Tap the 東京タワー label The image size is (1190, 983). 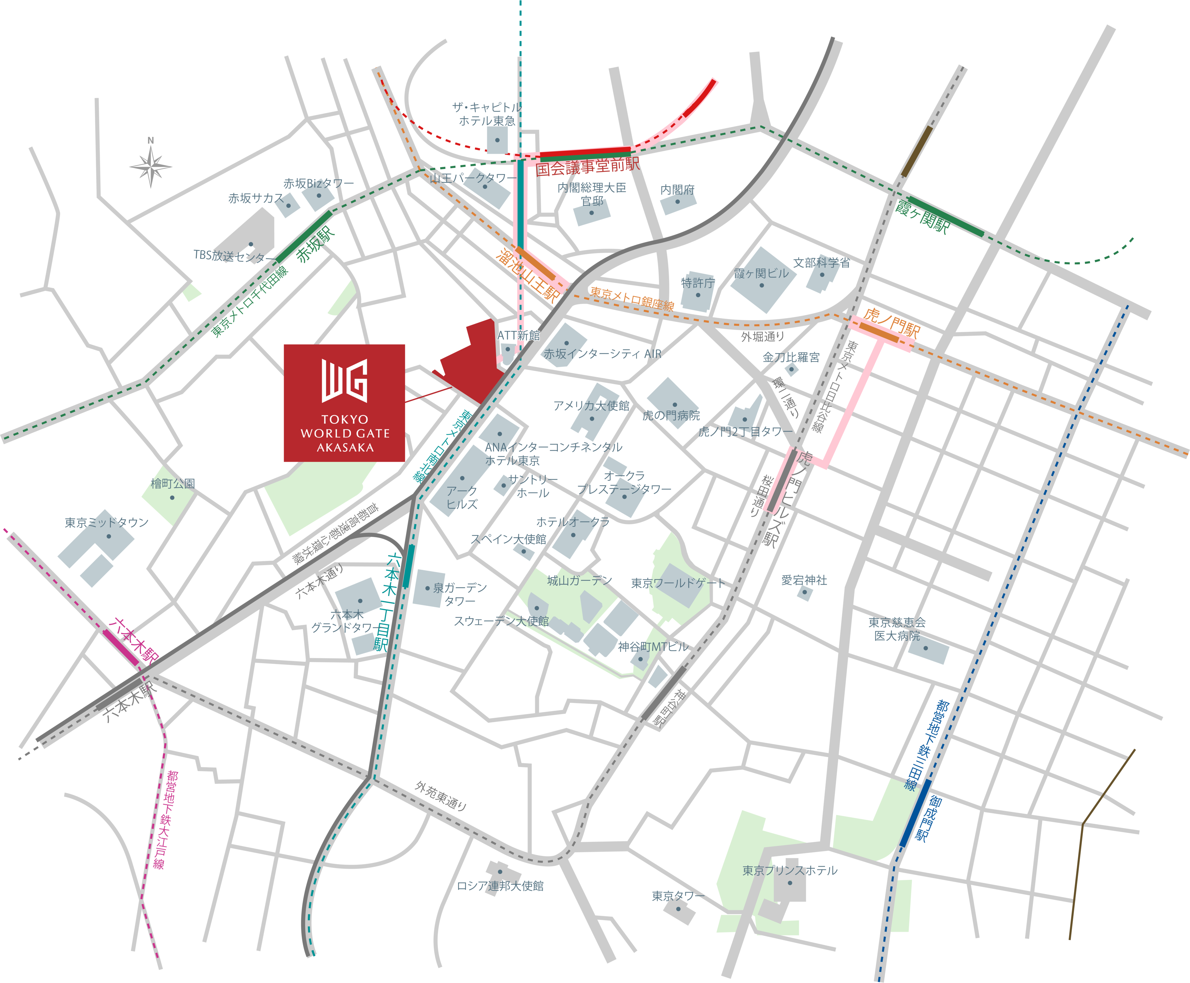pos(678,896)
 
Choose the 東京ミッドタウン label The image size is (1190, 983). pos(106,522)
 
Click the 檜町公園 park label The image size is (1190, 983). pos(172,484)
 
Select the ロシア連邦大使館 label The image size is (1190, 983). pos(500,886)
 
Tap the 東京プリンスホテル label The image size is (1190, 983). pos(790,870)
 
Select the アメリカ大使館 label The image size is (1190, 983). pos(591,405)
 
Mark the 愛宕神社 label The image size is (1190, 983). pos(804,580)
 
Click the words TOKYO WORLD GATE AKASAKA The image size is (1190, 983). pos(345,433)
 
